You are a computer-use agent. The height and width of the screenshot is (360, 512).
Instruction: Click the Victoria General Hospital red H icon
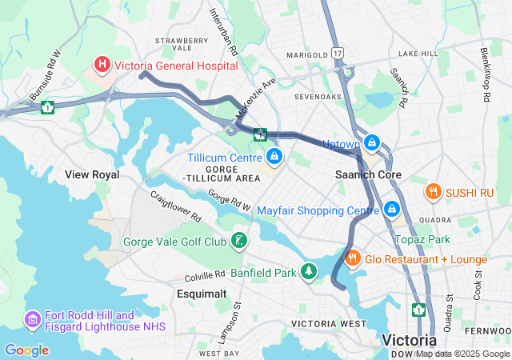pos(102,64)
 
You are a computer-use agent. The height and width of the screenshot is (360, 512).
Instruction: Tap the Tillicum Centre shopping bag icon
pos(274,156)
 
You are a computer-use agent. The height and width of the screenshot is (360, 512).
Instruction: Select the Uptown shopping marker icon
pos(371,143)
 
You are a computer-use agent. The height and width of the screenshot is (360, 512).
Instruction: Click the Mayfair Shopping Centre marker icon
pos(391,210)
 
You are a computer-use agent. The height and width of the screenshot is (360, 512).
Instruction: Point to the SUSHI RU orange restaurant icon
pos(434,191)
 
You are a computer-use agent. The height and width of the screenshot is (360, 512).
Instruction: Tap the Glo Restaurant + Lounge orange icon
pos(351,258)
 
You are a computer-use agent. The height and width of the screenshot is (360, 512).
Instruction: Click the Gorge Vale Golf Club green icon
pos(238,241)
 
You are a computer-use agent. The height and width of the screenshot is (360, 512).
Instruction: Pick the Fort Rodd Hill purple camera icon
pos(33,320)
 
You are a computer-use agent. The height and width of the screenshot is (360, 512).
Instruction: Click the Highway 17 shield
pos(338,54)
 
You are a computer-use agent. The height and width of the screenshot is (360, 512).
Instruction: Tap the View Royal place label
pos(92,174)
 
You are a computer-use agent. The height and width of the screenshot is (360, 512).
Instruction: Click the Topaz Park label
pos(422,239)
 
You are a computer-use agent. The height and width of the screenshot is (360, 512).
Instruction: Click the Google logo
pos(26,350)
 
